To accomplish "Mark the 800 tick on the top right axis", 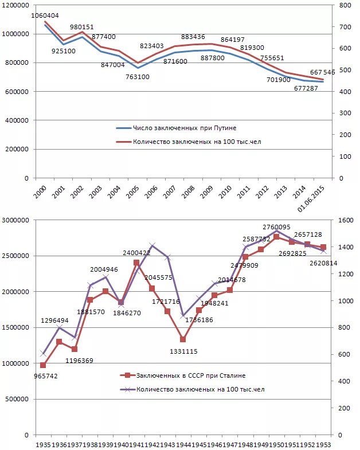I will (x=346, y=5).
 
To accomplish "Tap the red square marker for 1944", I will (x=183, y=339).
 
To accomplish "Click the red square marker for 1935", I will (x=43, y=365).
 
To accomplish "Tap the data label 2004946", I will (x=104, y=269).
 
